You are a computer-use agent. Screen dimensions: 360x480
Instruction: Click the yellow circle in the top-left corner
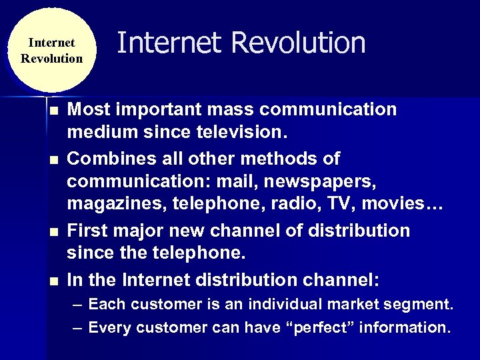[51, 51]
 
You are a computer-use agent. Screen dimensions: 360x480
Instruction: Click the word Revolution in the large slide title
[299, 43]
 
